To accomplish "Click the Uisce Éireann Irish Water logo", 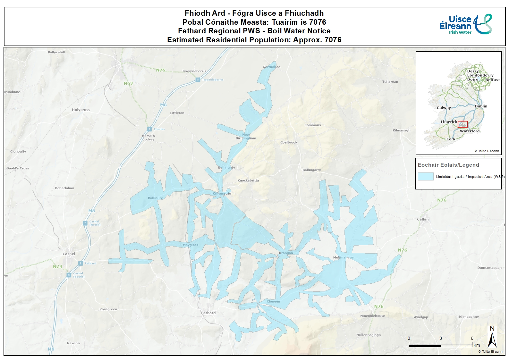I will pos(466,25).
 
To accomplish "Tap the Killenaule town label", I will pos(222,193).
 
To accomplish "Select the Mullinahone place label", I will pos(343,257).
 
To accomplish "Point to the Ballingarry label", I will pos(311,170).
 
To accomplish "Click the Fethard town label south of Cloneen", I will pos(208,313).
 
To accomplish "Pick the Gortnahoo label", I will pos(271,67).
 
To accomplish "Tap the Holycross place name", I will pos(81,110).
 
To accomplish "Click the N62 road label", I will pos(128,83).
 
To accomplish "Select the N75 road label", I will pos(161,70).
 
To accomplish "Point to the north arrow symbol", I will pos(492,337).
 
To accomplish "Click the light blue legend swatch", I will pos(425,177).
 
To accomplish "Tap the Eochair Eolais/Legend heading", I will pos(448,165).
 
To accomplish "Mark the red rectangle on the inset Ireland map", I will pos(463,124).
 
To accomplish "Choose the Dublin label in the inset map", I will pos(481,106).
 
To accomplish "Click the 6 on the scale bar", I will pos(472,338).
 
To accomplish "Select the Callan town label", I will pos(423,219).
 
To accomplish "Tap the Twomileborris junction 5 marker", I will pos(198,80).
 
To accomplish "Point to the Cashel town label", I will pos(69,254).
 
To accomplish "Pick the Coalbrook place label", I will pos(289,142).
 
